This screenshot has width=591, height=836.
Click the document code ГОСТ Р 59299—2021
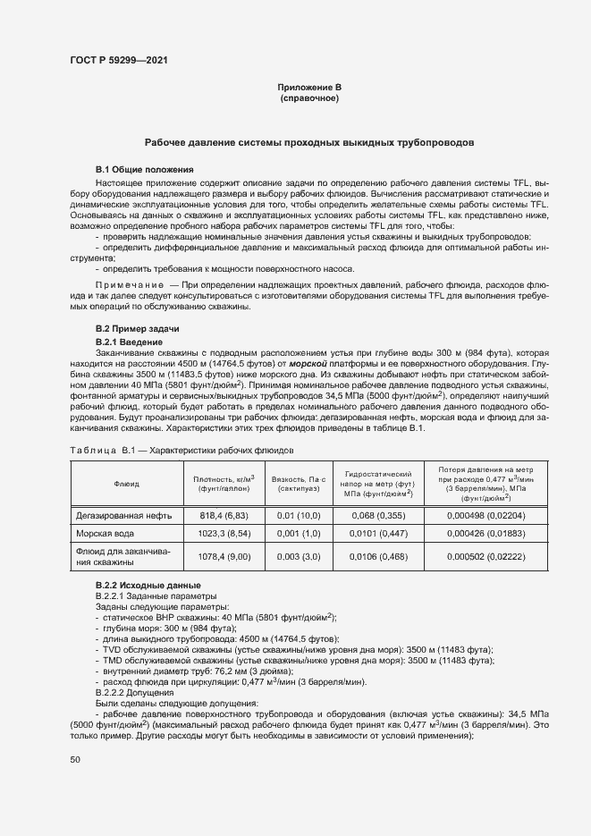pos(117,60)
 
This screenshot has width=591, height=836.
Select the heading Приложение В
pos(309,87)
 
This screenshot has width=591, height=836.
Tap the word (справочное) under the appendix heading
pos(309,97)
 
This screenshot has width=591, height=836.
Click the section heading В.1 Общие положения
pos(144,169)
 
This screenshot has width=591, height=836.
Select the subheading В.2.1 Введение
pos(129,342)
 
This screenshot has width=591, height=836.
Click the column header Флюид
pos(126,483)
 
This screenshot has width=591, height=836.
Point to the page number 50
pos(74,759)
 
